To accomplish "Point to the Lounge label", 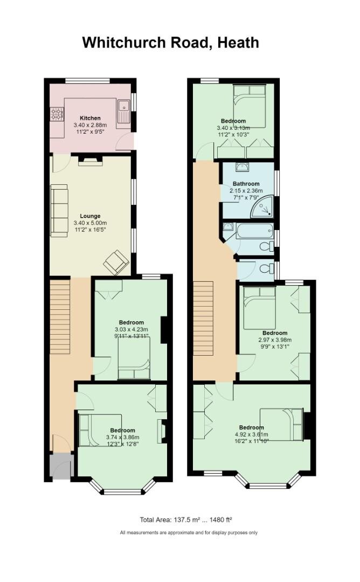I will pyautogui.click(x=91, y=216).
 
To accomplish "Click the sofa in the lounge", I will pyautogui.click(x=59, y=210).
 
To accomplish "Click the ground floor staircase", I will pyautogui.click(x=60, y=318).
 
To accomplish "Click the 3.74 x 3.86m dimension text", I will pyautogui.click(x=122, y=437).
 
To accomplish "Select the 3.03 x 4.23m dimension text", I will pyautogui.click(x=131, y=329).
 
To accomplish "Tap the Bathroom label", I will pyautogui.click(x=246, y=184).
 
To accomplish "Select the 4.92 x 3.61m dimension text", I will pyautogui.click(x=250, y=434).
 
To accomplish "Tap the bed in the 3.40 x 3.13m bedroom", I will pyautogui.click(x=250, y=108).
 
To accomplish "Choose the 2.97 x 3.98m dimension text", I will pyautogui.click(x=274, y=340).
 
